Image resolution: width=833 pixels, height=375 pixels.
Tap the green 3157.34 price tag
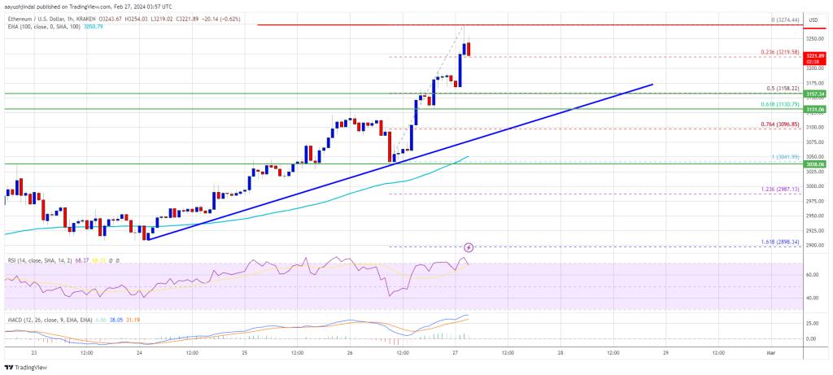tap(816, 94)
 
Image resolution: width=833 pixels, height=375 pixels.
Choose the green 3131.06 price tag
tap(816, 109)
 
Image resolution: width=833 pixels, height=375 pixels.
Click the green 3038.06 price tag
tap(816, 164)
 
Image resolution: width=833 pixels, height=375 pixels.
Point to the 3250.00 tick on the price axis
tap(816, 38)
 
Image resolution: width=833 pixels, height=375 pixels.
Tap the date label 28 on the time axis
tap(560, 352)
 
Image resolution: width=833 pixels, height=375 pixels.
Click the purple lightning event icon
tap(469, 246)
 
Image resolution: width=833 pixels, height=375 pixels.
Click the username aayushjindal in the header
tap(24, 5)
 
